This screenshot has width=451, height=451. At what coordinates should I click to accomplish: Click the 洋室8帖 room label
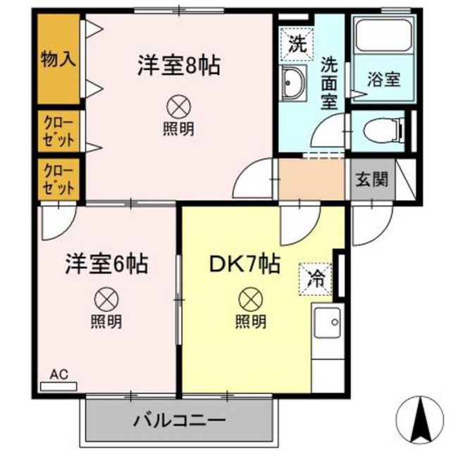pos(178,66)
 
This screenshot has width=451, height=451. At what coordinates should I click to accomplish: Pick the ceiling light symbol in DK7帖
pos(250,299)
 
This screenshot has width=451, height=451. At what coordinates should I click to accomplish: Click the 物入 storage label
pos(58,58)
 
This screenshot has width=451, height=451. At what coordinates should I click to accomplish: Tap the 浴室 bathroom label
pos(384,79)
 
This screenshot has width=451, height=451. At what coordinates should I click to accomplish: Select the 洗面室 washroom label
pos(329,82)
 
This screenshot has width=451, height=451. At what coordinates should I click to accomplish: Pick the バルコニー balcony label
pos(179,422)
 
